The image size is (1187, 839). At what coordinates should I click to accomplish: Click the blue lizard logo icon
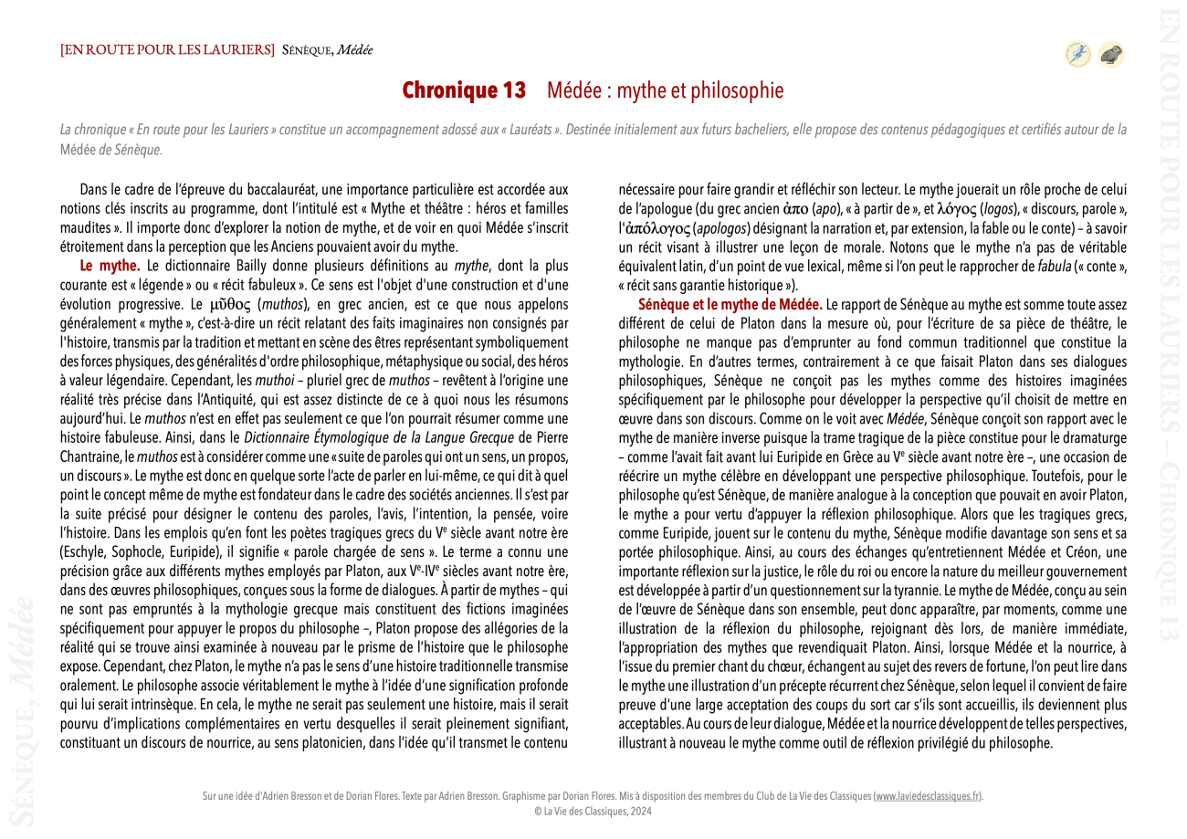point(1077,55)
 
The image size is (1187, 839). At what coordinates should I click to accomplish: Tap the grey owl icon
point(1110,55)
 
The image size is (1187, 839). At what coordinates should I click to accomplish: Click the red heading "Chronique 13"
point(465,90)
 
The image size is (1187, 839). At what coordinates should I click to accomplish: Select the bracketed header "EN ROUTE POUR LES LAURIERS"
point(167,48)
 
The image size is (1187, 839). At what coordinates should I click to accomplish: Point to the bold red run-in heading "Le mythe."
point(110,266)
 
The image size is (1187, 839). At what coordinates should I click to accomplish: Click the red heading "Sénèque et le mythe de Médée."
point(730,303)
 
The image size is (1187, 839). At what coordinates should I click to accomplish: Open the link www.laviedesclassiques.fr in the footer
point(928,796)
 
